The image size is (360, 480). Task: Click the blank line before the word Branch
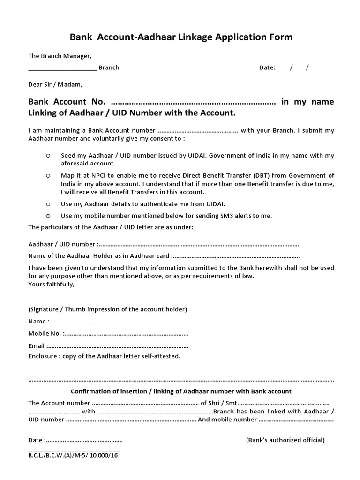point(62,68)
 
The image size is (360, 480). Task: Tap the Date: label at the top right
point(267,67)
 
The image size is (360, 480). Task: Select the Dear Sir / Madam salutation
point(55,85)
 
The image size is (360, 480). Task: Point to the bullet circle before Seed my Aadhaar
point(48,155)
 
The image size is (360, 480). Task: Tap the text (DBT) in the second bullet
point(253,175)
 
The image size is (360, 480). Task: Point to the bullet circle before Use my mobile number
point(48,216)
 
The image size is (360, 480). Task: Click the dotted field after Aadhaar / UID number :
point(199,245)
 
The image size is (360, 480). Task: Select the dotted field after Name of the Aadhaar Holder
point(236,256)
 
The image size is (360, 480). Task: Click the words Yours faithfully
point(52,285)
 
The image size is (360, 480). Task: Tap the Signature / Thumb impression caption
point(108,309)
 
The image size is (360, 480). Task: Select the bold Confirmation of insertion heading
point(181,391)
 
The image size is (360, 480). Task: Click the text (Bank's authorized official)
point(285,440)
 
